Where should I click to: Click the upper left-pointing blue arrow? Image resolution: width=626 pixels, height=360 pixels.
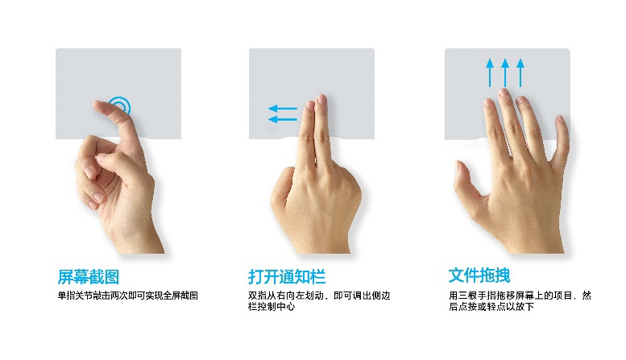(282, 108)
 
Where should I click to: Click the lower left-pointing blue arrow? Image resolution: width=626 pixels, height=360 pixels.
(282, 119)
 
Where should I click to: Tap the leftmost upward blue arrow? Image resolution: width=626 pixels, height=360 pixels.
(489, 72)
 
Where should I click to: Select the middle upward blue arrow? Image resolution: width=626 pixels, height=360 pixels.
(505, 72)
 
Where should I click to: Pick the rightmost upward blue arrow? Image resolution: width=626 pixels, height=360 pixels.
(520, 72)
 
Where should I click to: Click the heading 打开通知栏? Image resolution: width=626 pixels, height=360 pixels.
(286, 276)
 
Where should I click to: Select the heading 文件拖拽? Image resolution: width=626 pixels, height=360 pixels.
(479, 275)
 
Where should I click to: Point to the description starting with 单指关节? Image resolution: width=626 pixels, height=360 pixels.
(127, 296)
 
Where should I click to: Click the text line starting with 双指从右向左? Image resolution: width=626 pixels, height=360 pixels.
(318, 296)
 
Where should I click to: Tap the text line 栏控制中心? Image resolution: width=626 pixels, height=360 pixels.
(271, 307)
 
